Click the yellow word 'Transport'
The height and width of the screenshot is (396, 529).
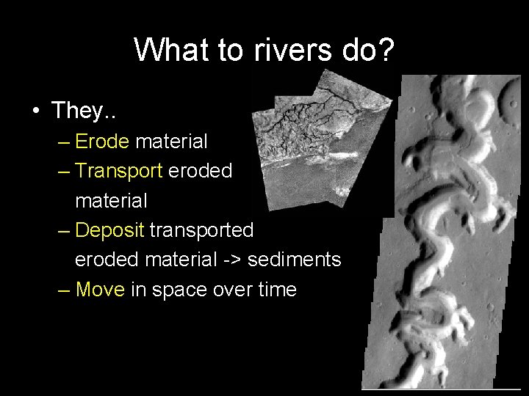tap(119, 170)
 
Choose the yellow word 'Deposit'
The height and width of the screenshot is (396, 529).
tap(109, 230)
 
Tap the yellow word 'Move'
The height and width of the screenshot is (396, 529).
tap(100, 290)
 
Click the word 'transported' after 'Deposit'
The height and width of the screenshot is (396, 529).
tap(201, 230)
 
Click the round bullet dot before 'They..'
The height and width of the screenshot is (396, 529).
tap(35, 111)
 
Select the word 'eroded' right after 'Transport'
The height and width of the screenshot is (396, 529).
tap(201, 170)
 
